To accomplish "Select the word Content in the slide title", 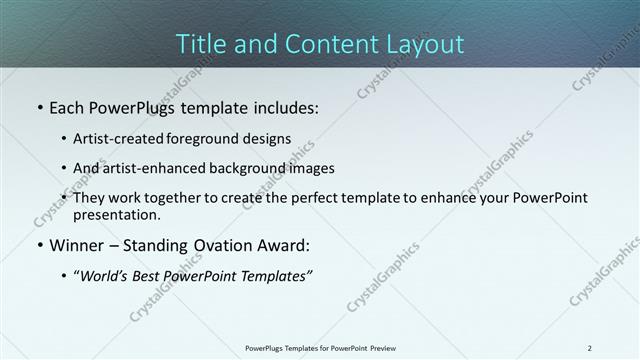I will point(321,44).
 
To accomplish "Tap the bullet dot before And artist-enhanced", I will point(65,168).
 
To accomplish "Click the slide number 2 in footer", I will point(590,348).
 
